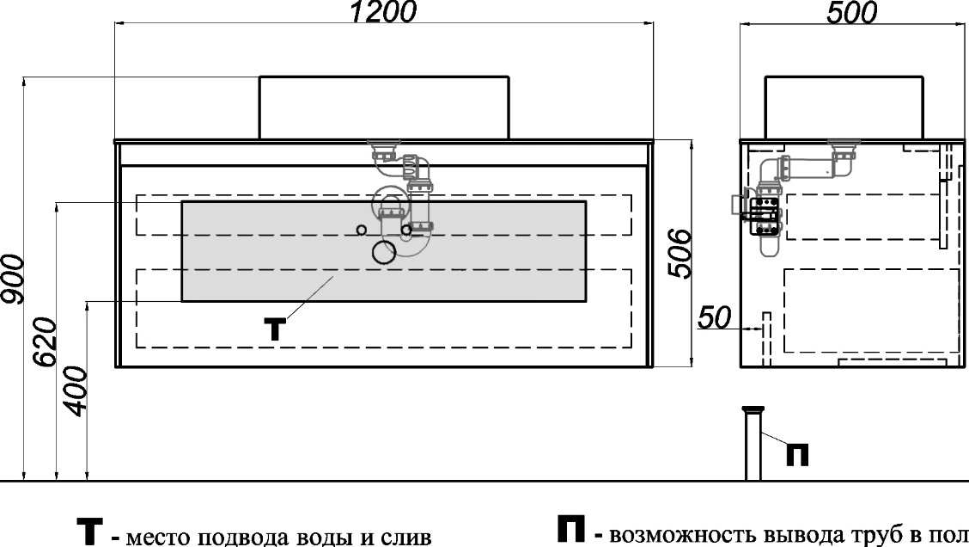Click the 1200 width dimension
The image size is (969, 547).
click(383, 12)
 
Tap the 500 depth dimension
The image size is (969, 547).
click(851, 12)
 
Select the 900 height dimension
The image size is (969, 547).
click(12, 279)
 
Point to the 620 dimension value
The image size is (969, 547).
click(45, 342)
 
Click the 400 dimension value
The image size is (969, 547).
click(76, 391)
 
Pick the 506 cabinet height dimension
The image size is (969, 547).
click(680, 254)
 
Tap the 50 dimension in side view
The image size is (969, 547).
click(715, 317)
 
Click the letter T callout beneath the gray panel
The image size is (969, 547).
click(275, 329)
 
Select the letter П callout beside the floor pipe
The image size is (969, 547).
click(797, 455)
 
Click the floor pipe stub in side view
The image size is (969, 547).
click(753, 443)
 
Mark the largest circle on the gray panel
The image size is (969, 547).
click(384, 252)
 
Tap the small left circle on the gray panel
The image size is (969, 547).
click(362, 230)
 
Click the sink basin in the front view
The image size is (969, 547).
click(384, 108)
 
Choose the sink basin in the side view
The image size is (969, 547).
click(844, 108)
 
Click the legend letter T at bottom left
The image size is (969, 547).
click(89, 532)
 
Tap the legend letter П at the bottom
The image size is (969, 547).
click(571, 529)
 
